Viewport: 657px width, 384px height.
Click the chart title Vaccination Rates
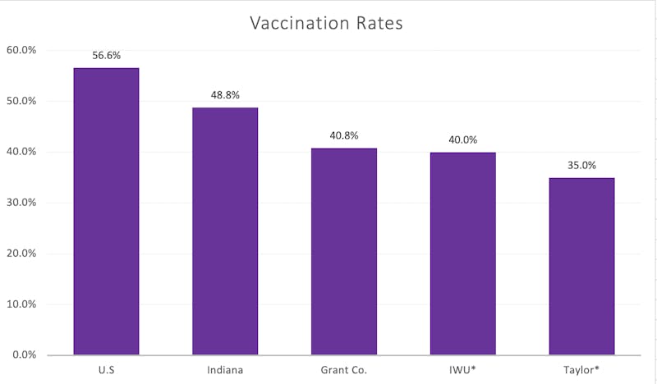coord(326,23)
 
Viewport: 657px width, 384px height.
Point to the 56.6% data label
coord(106,56)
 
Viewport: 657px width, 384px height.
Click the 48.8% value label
coord(225,95)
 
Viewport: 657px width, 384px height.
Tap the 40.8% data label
coord(343,136)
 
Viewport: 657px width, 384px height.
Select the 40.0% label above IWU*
coord(462,139)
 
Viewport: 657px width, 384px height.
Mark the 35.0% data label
coord(581,165)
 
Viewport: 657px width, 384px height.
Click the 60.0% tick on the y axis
coord(22,50)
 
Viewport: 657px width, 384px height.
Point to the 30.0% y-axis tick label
coord(22,203)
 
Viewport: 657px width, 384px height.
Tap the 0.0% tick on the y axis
coord(25,355)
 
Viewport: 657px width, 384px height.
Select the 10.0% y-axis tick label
coord(22,304)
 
